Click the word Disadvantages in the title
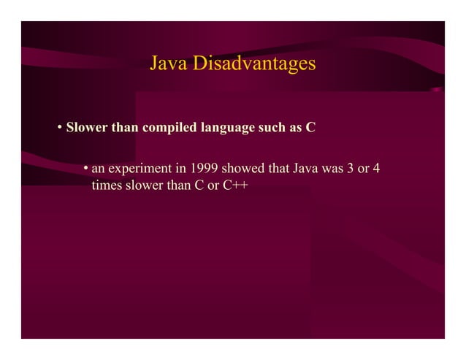(x=254, y=64)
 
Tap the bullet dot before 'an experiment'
(x=85, y=171)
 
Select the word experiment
(x=138, y=171)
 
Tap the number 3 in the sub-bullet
(x=351, y=171)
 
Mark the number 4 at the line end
(x=376, y=171)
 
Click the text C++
(x=234, y=186)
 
